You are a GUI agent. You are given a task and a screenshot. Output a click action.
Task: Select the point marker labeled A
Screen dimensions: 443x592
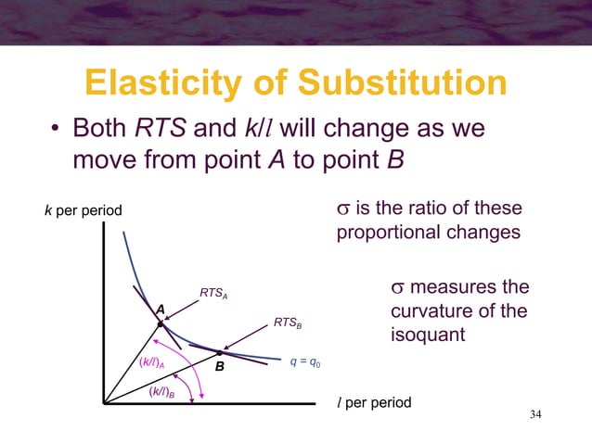160,323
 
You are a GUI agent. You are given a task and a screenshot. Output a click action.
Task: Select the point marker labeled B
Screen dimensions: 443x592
221,352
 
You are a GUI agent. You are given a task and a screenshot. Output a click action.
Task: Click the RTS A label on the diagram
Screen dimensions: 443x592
213,296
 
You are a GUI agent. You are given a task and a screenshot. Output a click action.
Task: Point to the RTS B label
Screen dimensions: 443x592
288,323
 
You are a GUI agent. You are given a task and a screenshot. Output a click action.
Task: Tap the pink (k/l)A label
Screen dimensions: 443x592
152,362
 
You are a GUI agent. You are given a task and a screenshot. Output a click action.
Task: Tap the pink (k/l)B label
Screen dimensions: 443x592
164,393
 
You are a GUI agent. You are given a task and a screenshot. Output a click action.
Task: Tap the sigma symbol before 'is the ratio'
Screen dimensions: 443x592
341,208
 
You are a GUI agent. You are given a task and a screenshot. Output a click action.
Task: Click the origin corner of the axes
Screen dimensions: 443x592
104,404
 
